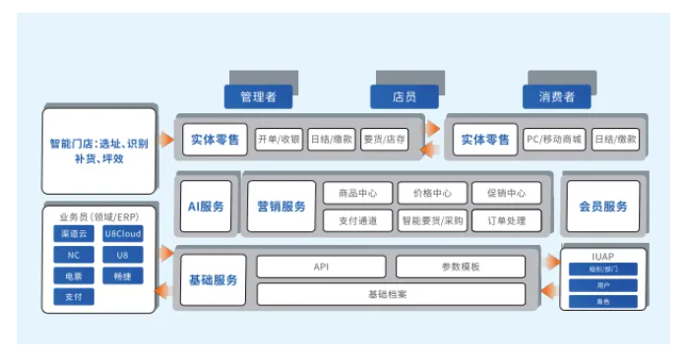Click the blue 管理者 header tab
click(x=258, y=97)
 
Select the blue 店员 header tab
click(x=405, y=97)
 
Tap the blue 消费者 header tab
click(x=556, y=97)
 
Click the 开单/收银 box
click(x=279, y=139)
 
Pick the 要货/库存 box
click(x=385, y=139)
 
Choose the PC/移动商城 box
click(x=553, y=139)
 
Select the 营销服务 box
click(x=281, y=207)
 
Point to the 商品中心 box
click(x=357, y=193)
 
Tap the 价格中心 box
click(x=432, y=193)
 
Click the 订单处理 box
click(x=506, y=220)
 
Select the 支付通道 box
click(x=357, y=220)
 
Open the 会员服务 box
click(x=603, y=207)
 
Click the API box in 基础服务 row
click(x=321, y=267)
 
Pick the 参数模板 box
click(x=461, y=267)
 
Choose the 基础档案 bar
click(x=391, y=293)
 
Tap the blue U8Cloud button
click(x=123, y=234)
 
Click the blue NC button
click(x=73, y=255)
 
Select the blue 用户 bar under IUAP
click(x=602, y=285)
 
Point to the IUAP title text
click(x=602, y=257)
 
